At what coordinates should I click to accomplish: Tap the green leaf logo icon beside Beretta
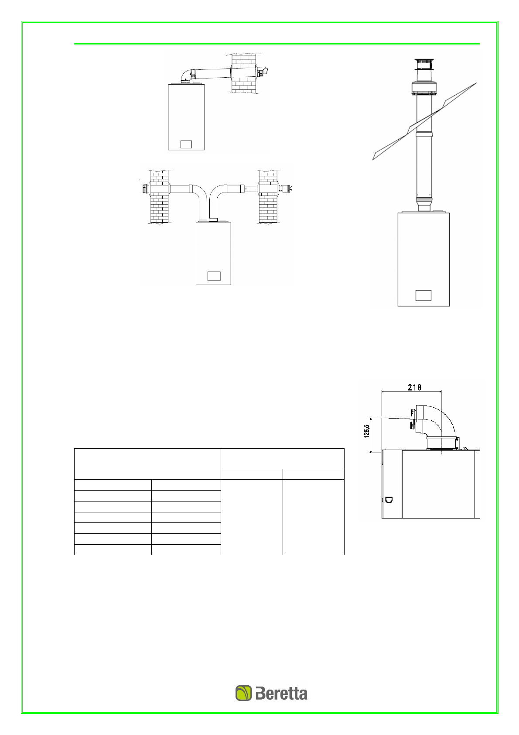(244, 693)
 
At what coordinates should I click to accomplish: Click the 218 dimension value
(414, 387)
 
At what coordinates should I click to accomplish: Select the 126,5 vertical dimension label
(366, 431)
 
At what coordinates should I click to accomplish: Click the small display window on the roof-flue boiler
(423, 295)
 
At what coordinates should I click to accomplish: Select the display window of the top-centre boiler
(186, 144)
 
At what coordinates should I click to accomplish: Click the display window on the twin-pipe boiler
(214, 276)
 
